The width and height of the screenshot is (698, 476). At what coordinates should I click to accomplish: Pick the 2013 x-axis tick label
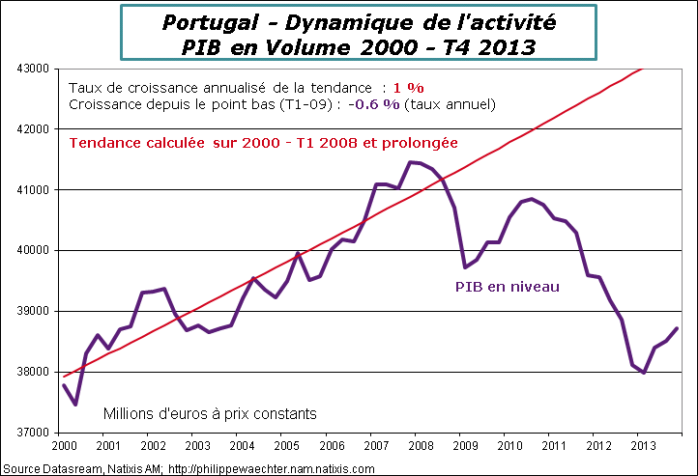click(641, 446)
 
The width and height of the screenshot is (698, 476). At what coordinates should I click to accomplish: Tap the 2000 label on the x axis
click(63, 446)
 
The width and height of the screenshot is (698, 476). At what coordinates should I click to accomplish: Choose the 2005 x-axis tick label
click(285, 446)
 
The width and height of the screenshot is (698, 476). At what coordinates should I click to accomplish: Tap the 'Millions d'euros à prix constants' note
click(210, 414)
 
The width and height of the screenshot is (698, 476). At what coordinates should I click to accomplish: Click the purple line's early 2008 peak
click(412, 162)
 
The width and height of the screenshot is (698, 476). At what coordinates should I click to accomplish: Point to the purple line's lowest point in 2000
click(74, 405)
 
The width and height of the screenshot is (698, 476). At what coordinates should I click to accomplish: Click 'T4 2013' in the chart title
click(484, 45)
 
